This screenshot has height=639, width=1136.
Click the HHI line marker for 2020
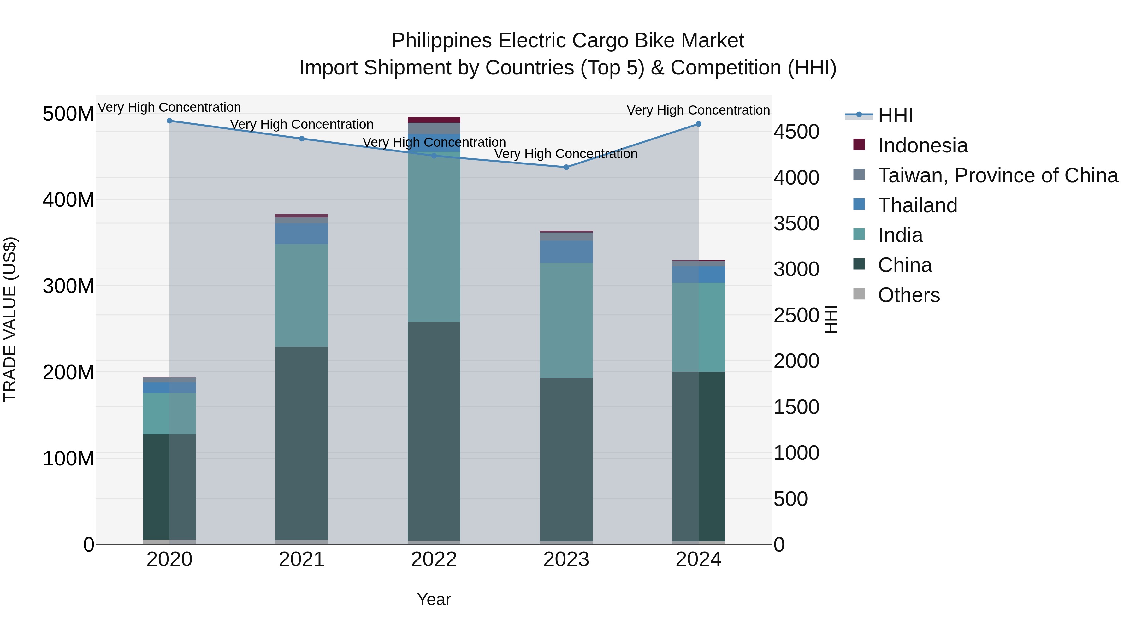169,121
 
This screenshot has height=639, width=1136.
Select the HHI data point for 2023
566,167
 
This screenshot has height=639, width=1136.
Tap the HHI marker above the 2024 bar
699,124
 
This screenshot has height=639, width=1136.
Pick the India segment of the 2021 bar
302,295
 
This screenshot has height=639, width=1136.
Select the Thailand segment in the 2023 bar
566,252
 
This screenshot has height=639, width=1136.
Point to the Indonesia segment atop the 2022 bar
434,120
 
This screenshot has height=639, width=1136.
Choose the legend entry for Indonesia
923,145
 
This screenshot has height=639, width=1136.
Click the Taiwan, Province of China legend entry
997,175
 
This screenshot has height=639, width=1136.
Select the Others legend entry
908,295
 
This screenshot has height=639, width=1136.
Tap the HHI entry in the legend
895,115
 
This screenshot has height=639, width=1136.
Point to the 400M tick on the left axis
68,200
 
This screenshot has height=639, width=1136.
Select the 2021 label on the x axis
302,559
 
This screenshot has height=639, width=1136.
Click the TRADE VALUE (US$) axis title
10,319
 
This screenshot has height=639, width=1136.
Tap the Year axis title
434,599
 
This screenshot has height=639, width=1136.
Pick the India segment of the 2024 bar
699,327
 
